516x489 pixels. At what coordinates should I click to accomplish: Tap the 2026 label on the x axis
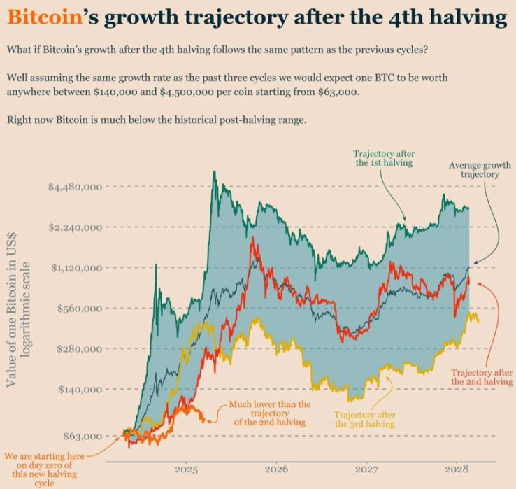[x=277, y=469]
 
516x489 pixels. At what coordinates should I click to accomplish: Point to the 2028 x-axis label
[x=457, y=469]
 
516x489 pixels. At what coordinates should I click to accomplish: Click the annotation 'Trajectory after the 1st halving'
[x=382, y=157]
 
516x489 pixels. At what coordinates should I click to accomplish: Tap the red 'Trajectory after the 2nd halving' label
[x=482, y=377]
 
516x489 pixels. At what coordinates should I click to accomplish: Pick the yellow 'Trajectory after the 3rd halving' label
[x=364, y=419]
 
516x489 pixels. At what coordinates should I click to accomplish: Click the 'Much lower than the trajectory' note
[x=269, y=413]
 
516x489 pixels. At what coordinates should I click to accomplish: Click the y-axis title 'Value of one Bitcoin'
[x=20, y=308]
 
